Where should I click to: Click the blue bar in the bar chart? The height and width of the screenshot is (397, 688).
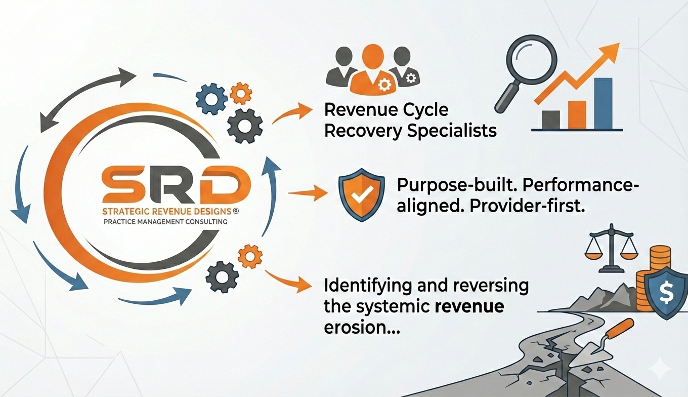click(603, 103)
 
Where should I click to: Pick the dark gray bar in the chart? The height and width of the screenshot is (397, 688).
click(550, 120)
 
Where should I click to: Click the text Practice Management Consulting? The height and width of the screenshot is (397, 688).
click(165, 221)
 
